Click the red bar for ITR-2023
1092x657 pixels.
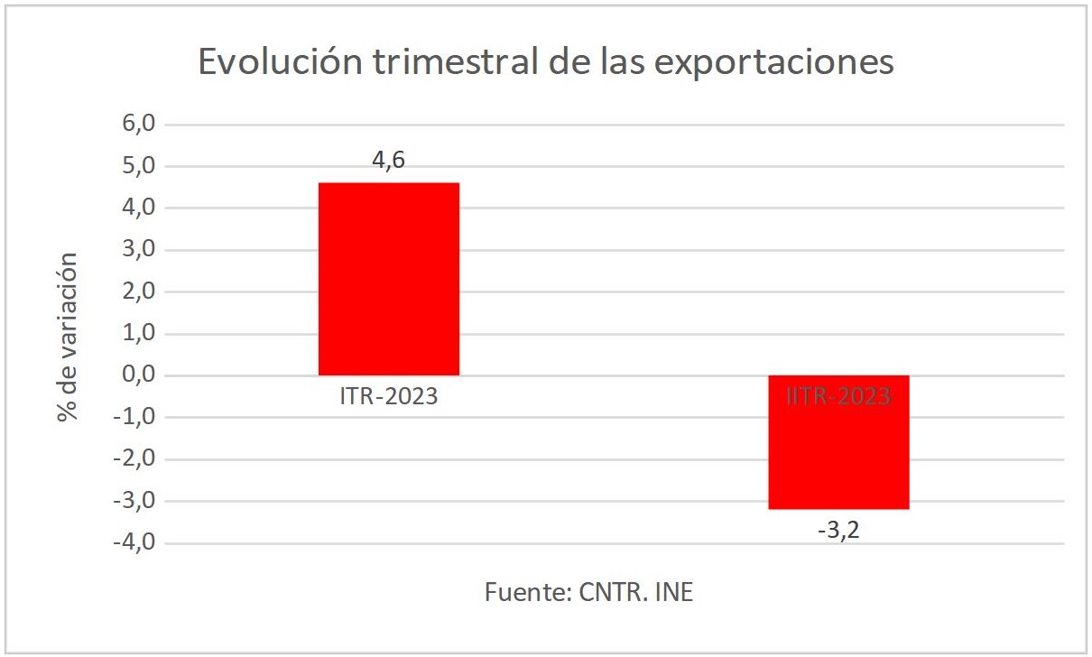click(x=389, y=279)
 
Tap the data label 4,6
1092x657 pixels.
click(x=389, y=162)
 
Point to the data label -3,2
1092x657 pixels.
click(x=838, y=530)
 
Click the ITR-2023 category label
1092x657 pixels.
click(x=389, y=396)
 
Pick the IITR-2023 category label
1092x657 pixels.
click(x=838, y=396)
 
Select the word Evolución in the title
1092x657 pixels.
click(x=276, y=62)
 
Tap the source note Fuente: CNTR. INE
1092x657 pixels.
click(x=589, y=593)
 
